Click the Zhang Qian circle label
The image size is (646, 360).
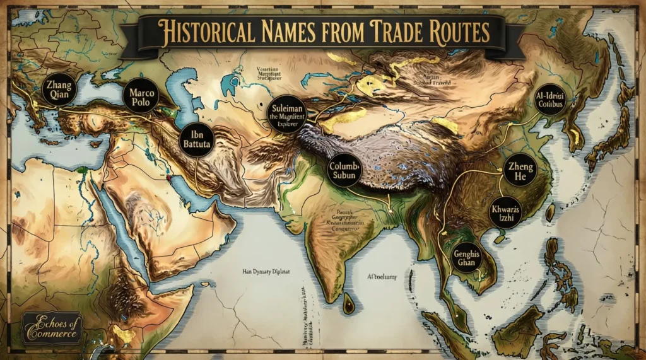[x=59, y=90]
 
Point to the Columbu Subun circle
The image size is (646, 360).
[x=343, y=170]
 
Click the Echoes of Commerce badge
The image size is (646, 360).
[x=52, y=327]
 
